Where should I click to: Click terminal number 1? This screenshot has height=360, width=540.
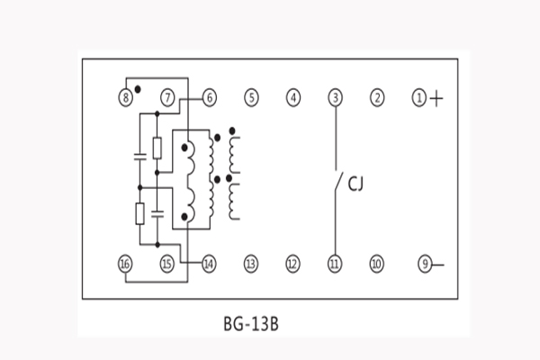click(418, 96)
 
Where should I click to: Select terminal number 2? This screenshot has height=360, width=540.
click(377, 96)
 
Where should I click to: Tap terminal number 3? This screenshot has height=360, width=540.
click(335, 96)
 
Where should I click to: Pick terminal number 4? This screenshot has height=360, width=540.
click(293, 96)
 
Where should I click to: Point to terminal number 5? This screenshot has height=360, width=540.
click(251, 96)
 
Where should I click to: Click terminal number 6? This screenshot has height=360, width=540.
click(209, 96)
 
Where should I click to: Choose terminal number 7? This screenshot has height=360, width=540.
click(167, 96)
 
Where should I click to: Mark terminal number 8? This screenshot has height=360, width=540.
click(126, 96)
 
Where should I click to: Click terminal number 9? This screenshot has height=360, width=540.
click(425, 264)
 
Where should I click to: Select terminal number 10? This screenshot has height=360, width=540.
click(377, 264)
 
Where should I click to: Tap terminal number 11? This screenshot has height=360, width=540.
click(335, 264)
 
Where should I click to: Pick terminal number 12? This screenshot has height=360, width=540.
click(292, 264)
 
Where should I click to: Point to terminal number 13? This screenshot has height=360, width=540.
click(251, 264)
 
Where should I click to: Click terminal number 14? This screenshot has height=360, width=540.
click(209, 264)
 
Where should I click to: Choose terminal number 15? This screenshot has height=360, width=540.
click(166, 264)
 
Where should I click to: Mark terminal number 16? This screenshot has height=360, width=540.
click(125, 264)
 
